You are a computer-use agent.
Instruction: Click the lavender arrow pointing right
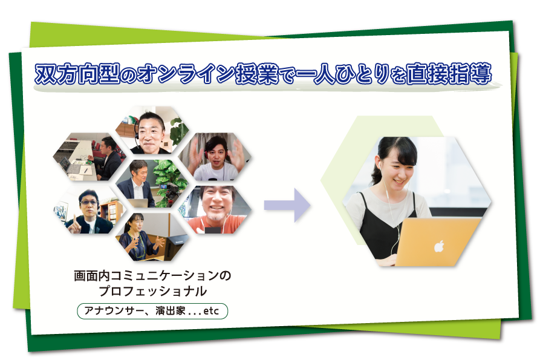287,205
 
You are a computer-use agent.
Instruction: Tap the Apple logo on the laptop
439,246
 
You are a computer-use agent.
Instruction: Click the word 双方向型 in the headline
77,74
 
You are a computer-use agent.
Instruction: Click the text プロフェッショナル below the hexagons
152,292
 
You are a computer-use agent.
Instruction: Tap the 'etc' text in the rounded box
211,311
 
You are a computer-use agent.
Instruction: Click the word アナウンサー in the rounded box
113,311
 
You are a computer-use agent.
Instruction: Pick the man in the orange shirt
217,210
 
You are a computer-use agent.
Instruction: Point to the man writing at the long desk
108,159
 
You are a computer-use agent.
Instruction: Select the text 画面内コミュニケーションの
152,276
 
